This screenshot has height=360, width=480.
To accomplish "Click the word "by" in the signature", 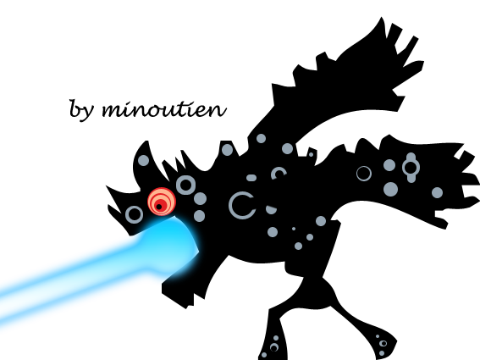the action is pos(80,110).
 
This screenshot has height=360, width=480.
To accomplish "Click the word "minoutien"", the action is pos(164,109).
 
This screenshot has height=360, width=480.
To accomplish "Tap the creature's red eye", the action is pos(162,202).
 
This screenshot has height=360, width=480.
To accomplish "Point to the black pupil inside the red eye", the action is pos(159,207).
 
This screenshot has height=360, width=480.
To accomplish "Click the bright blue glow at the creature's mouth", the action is pos(171,242).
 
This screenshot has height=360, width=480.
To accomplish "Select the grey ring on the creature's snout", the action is pos(134,214).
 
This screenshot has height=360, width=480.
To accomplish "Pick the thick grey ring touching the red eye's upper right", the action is pos(185,185).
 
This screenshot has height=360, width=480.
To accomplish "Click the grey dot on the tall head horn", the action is pos(143,160).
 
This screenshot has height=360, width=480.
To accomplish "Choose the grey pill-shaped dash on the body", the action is pos(251,178).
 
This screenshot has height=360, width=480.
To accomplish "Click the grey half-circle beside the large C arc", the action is pos(271,210).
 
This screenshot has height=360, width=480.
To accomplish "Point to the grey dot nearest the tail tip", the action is pos(437,193).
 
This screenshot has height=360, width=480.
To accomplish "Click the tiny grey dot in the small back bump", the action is pos(311,154).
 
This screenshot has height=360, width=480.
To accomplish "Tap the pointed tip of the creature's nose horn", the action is pos(106,186).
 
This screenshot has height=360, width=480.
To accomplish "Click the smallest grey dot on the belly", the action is pos(294,229).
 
